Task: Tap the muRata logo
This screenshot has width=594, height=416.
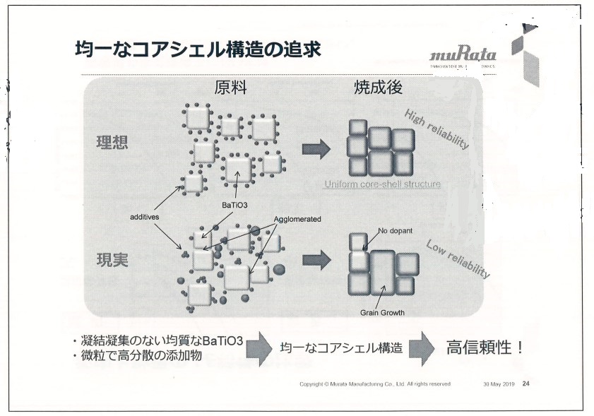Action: [x=463, y=55]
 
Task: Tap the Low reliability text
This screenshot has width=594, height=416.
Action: [x=458, y=258]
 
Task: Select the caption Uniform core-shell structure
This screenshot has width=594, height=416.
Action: [x=382, y=184]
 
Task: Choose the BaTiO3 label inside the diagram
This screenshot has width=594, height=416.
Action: [x=234, y=205]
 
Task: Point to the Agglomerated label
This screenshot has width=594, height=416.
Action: [x=296, y=219]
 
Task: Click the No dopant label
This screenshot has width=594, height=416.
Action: [x=396, y=230]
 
